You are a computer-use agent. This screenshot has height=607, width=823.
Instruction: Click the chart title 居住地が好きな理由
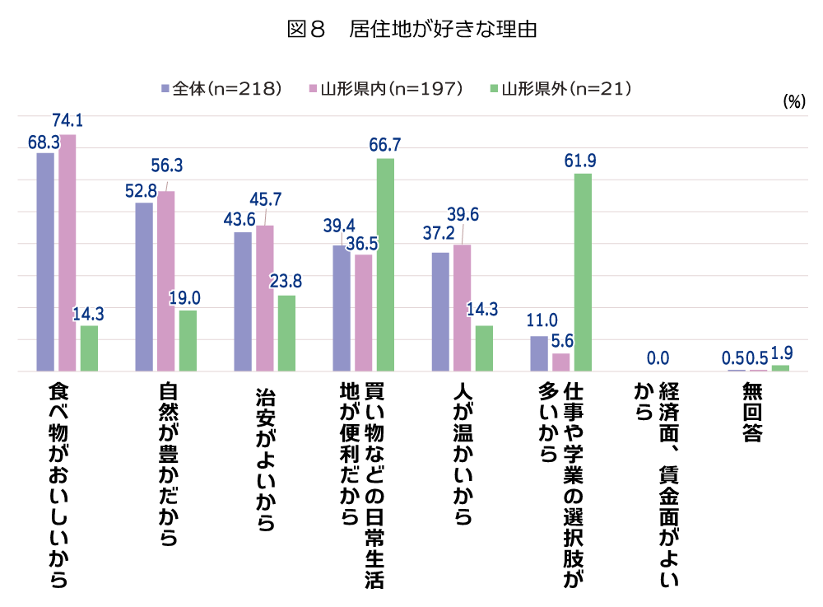411,30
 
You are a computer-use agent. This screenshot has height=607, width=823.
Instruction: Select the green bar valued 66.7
385,264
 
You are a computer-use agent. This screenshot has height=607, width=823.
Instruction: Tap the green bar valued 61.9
583,272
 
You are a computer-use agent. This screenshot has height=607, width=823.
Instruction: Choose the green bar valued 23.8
286,333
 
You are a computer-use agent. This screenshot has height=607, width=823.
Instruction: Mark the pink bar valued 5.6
561,362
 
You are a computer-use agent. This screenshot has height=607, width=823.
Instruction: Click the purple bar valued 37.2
440,311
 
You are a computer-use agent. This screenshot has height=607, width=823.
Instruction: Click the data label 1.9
781,353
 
